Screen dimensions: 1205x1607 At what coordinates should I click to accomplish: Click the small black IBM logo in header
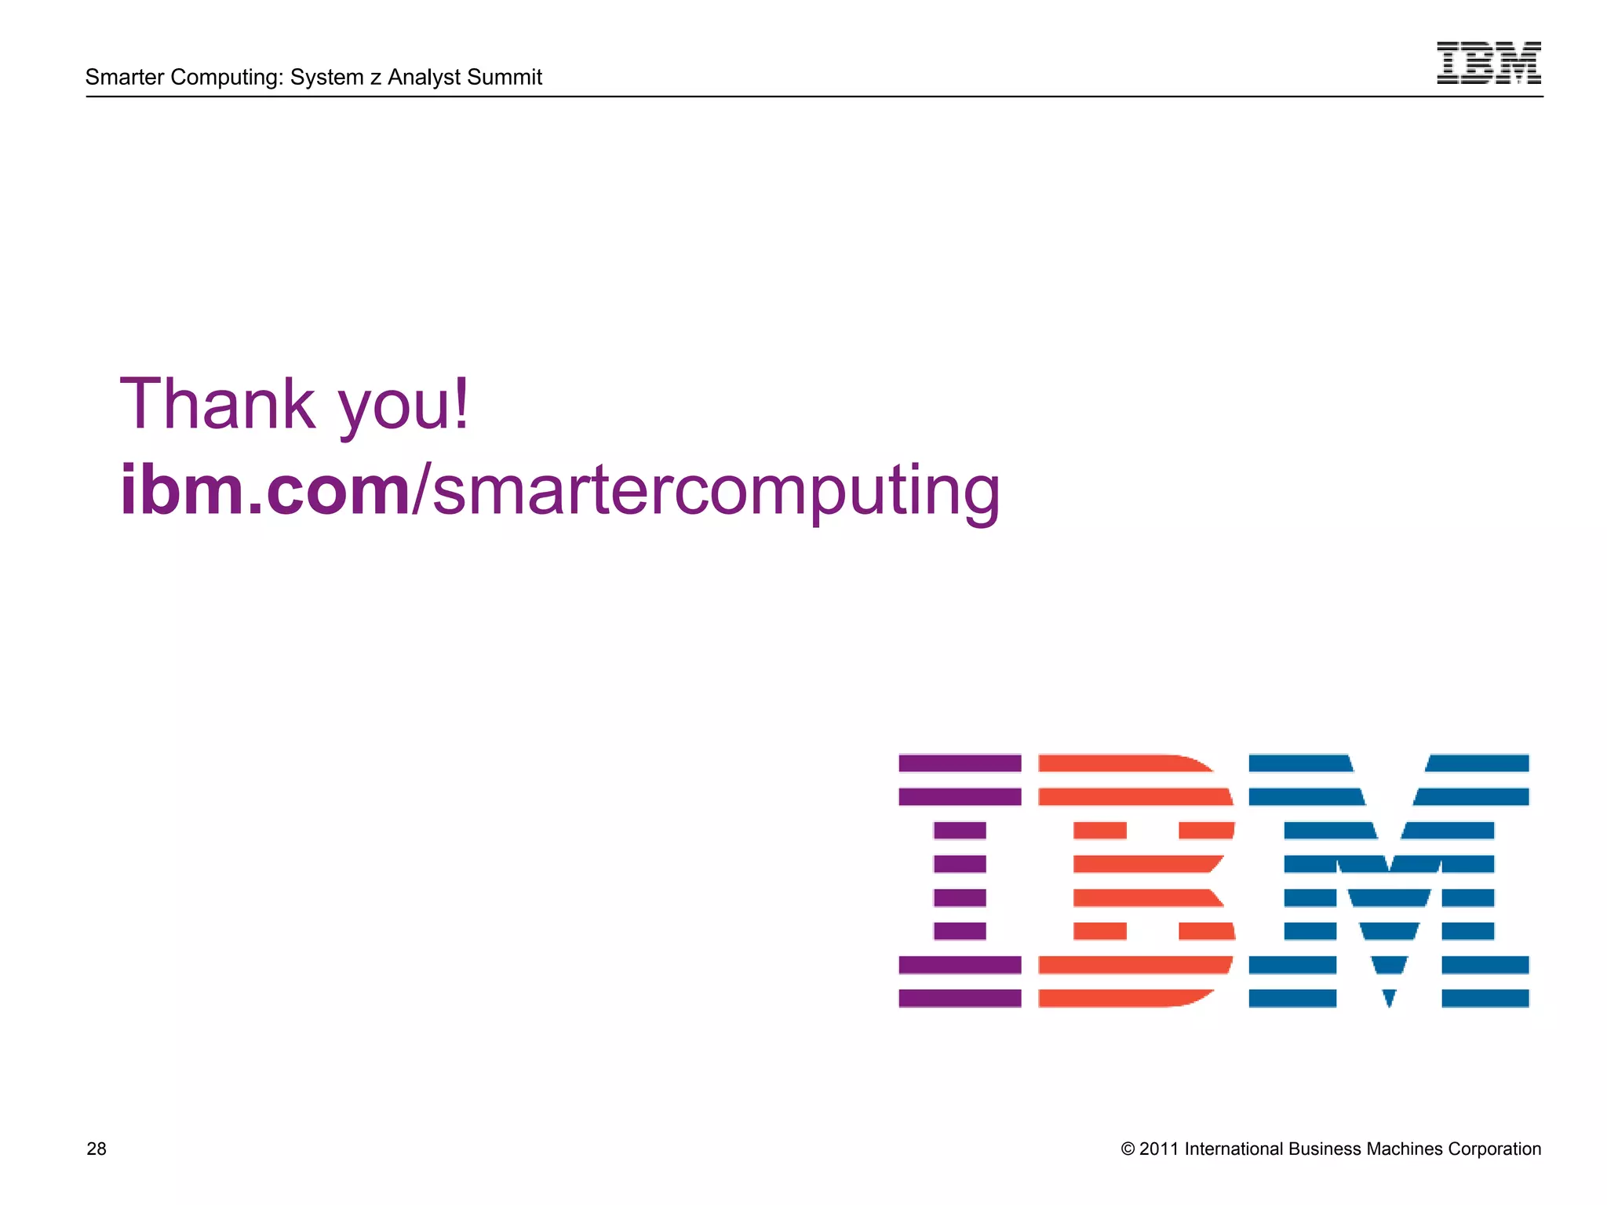click(1489, 63)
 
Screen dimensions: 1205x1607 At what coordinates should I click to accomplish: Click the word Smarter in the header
click(125, 77)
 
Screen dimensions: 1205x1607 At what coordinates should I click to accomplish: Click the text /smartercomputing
click(706, 491)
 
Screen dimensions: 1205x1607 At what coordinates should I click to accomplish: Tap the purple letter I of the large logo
click(960, 880)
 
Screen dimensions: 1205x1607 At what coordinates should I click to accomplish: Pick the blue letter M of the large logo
click(1388, 880)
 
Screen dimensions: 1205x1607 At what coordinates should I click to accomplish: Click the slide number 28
click(97, 1149)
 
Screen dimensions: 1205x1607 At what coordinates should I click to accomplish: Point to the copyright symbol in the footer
click(1128, 1149)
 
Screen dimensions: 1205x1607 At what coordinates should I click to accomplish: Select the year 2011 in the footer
click(1159, 1149)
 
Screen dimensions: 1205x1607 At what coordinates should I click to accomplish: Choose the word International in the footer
click(1232, 1149)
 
